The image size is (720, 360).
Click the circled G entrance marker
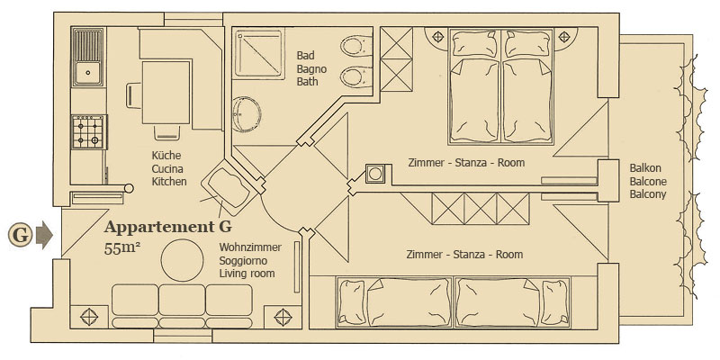20,235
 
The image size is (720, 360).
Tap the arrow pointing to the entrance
44,235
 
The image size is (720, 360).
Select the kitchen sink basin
87,72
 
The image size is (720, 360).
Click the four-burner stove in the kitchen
88,132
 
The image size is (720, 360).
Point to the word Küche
166,155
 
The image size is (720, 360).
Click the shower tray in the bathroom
257,52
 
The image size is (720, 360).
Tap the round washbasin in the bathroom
247,114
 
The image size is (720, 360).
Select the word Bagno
311,69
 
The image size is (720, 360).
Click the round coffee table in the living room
182,260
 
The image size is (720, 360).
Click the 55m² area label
122,248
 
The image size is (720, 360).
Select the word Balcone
648,182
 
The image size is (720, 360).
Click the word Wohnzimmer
250,247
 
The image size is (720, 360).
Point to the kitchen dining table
166,93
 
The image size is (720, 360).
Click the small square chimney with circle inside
375,174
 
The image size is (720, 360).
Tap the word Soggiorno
244,261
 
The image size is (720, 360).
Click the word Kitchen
169,182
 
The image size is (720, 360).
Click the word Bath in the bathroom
307,82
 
